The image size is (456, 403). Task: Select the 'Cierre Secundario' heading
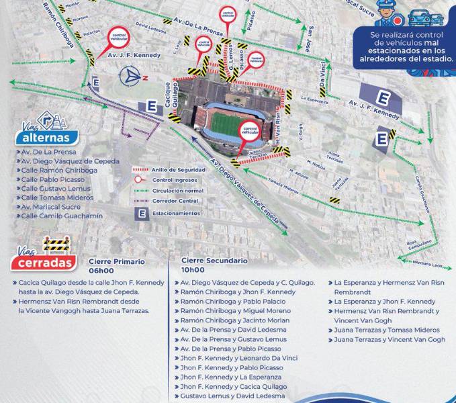[214, 261]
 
